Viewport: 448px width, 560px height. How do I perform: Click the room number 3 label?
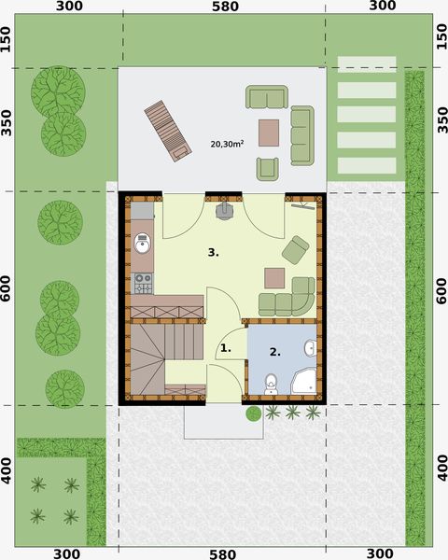pyautogui.click(x=214, y=252)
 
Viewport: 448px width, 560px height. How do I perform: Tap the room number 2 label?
pyautogui.click(x=274, y=352)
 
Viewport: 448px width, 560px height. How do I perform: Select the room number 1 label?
pyautogui.click(x=224, y=349)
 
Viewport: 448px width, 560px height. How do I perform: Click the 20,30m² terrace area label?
pyautogui.click(x=227, y=145)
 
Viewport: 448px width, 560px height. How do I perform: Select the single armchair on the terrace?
pyautogui.click(x=268, y=168)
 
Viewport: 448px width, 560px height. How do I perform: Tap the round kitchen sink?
pyautogui.click(x=142, y=245)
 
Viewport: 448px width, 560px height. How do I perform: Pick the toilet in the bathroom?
pyautogui.click(x=271, y=382)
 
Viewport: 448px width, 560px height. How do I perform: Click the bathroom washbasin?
pyautogui.click(x=310, y=349)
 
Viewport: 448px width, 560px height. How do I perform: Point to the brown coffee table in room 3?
pyautogui.click(x=274, y=277)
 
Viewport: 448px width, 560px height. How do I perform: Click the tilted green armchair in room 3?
pyautogui.click(x=295, y=248)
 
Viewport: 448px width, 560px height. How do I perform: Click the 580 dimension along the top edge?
pyautogui.click(x=225, y=7)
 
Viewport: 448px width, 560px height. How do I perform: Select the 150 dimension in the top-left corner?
pyautogui.click(x=7, y=39)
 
